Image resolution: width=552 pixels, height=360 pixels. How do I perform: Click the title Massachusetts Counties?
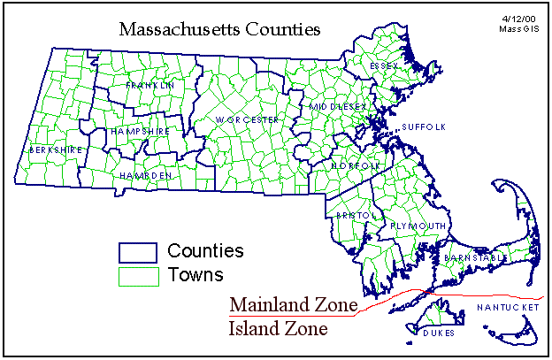pyautogui.click(x=218, y=31)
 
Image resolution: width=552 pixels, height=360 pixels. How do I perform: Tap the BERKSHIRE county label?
pyautogui.click(x=55, y=150)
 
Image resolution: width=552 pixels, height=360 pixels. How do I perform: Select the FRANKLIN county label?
pyautogui.click(x=149, y=86)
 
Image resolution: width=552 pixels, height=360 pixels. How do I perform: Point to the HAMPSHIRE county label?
pyautogui.click(x=140, y=132)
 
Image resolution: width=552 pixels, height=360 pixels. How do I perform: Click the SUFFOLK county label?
pyautogui.click(x=424, y=127)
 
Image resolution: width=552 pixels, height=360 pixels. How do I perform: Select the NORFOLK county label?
pyautogui.click(x=356, y=166)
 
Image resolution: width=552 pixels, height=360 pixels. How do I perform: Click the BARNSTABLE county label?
pyautogui.click(x=475, y=257)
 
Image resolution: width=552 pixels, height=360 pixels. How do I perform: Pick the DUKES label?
pyautogui.click(x=438, y=333)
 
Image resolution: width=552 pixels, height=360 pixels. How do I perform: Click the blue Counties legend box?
pyautogui.click(x=138, y=252)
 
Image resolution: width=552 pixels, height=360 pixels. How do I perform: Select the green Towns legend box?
pyautogui.click(x=138, y=276)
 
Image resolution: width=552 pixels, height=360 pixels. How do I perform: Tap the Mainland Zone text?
pyautogui.click(x=293, y=305)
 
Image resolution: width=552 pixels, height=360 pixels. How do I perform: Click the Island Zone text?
pyautogui.click(x=279, y=329)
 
